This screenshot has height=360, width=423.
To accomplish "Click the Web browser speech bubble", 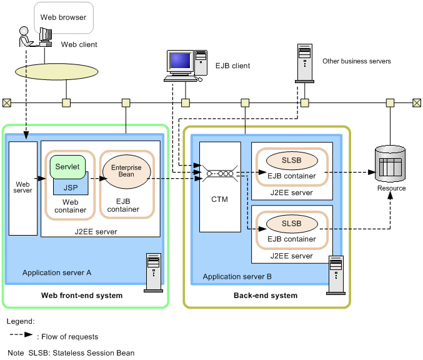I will coord(63,18).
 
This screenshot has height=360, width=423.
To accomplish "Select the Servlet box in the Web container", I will coord(67,167).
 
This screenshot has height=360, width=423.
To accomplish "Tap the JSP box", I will coord(70,186).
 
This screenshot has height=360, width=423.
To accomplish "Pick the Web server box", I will coord(23,187).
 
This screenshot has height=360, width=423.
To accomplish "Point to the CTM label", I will coord(219,199).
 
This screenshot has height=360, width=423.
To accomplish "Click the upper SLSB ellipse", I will coord(291,160).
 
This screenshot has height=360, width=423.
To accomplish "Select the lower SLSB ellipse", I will coord(291,223).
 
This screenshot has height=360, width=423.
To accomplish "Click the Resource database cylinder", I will coord(389,164).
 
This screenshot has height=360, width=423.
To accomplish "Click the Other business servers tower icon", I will coord(304,62).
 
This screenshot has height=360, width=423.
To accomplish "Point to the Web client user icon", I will coord(26,38).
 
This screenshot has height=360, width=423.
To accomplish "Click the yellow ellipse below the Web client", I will coord(65,69).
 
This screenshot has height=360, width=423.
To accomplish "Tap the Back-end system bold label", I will coord(266,296).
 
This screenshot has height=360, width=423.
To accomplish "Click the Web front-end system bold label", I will coord(82,296).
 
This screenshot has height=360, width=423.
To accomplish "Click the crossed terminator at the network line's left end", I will coord(6,102).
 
